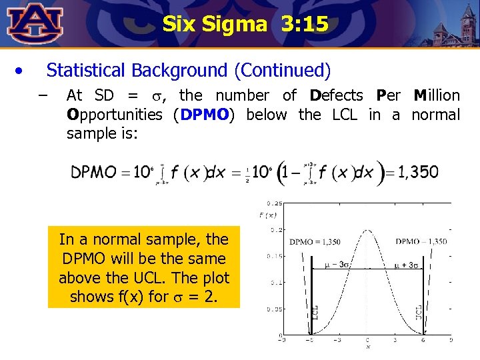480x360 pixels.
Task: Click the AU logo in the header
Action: (x=35, y=23)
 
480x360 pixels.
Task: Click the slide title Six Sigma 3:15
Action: (x=245, y=25)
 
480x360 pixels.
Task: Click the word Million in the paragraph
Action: (x=437, y=95)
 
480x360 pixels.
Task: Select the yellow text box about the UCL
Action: (x=144, y=268)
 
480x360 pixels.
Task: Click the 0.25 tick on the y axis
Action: (x=273, y=203)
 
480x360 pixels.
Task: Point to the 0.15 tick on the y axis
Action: (x=273, y=256)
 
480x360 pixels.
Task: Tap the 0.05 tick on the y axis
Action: (x=273, y=309)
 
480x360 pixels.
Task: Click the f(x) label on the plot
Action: (x=269, y=215)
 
